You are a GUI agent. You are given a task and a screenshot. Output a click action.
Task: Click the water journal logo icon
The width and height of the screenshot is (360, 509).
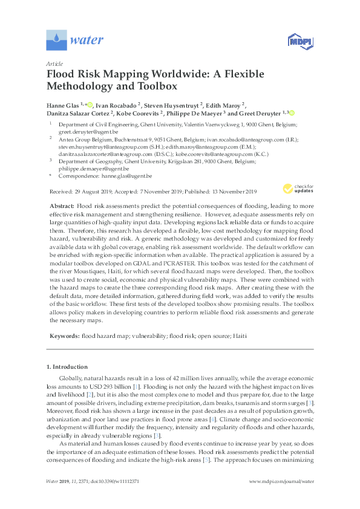pos(56,41)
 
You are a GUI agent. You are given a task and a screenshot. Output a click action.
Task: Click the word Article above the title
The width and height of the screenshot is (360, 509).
pos(54,63)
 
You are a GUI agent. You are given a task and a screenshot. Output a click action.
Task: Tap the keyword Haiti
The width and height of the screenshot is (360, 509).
pos(240,335)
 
